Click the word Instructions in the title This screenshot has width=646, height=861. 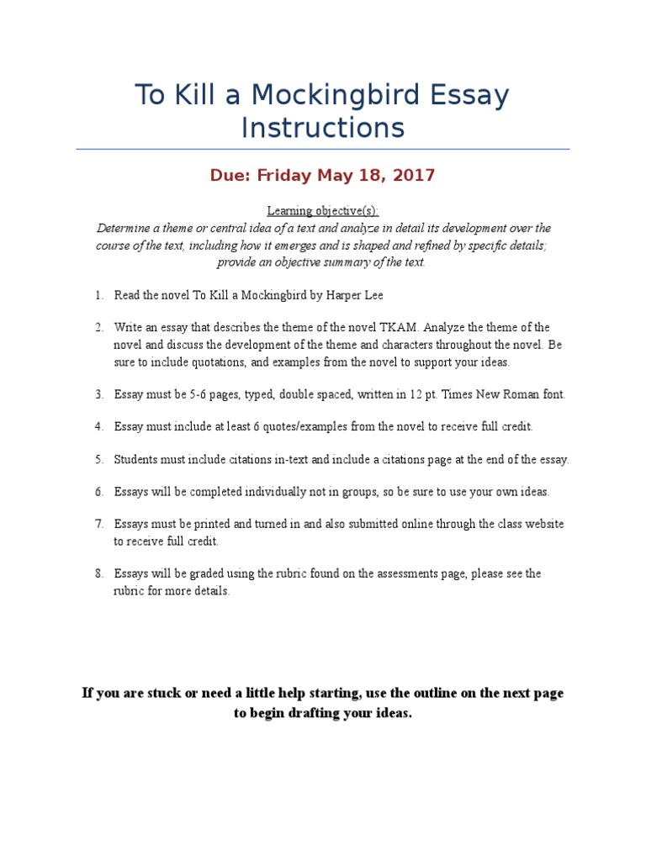click(323, 128)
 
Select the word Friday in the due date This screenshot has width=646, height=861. click(283, 176)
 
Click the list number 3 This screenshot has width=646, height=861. click(98, 394)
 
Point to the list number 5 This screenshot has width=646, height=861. click(98, 460)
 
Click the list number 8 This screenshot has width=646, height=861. click(98, 573)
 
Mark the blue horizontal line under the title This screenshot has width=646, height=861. click(323, 150)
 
